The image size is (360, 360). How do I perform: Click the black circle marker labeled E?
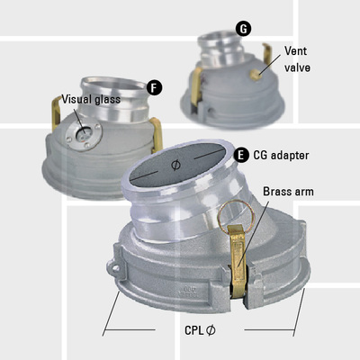(x=241, y=156)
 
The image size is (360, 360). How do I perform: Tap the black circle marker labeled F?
(x=155, y=87)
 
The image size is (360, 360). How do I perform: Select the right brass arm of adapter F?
(x=155, y=128)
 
